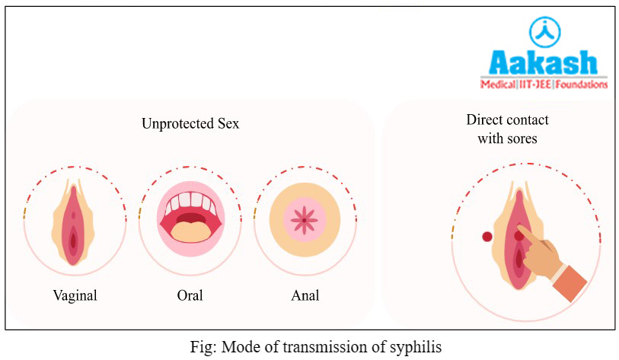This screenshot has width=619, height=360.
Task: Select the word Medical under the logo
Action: point(498,84)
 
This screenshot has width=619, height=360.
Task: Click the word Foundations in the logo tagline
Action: point(582,84)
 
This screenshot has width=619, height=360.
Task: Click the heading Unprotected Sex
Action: point(190,123)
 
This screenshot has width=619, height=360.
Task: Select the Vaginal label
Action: point(74,295)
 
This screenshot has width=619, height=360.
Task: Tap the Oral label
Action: point(190,295)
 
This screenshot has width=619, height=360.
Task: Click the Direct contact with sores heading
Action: point(508,129)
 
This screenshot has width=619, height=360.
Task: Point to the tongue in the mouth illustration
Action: point(190,228)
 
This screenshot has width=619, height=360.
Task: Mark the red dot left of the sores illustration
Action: point(487,237)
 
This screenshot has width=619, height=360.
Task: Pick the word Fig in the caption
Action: point(200,347)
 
